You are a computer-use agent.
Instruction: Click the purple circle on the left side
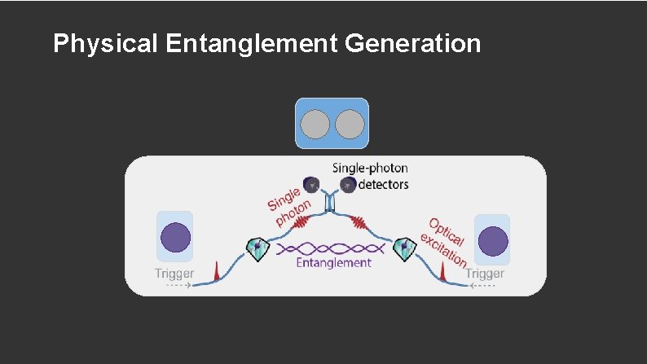tap(175, 238)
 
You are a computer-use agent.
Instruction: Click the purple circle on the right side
tap(492, 242)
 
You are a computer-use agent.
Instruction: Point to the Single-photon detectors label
tap(370, 176)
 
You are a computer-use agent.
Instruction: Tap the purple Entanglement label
tap(333, 262)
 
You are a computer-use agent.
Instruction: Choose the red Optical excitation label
tap(445, 241)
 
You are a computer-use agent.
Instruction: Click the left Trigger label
tap(174, 274)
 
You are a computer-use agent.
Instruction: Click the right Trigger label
tap(485, 274)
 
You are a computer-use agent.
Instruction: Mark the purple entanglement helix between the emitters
tap(331, 247)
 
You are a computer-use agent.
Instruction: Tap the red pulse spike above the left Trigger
tap(216, 271)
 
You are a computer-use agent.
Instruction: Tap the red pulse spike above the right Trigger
tap(442, 272)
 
